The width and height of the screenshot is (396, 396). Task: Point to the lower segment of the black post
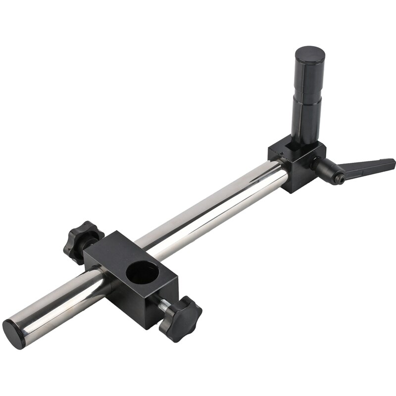click(x=306, y=116)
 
